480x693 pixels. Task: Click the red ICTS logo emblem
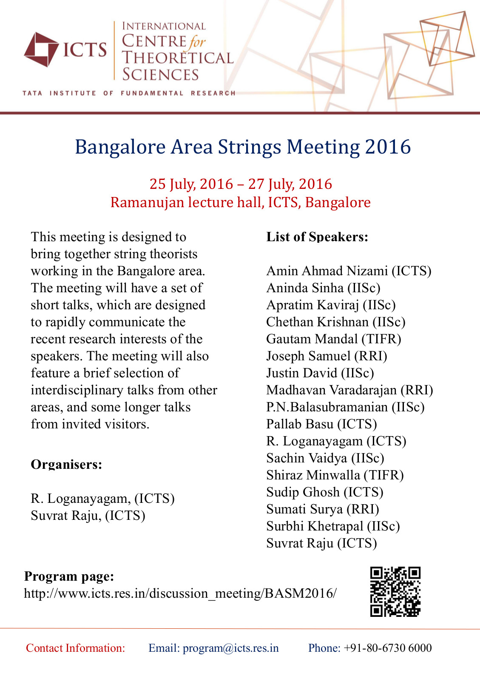41,49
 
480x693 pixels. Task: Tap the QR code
395,591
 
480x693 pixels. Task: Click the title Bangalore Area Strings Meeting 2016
243,147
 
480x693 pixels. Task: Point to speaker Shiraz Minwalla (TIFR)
335,475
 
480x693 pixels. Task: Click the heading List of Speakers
317,237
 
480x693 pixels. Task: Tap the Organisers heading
66,465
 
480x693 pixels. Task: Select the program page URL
180,593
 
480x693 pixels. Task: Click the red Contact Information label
76,648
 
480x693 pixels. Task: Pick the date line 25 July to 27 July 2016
241,184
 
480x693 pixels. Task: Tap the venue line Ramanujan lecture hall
241,202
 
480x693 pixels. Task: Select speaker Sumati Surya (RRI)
323,509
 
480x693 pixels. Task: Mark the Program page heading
69,576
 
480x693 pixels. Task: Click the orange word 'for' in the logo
197,42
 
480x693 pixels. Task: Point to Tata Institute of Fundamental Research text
129,93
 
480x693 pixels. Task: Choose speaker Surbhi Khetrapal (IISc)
333,526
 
